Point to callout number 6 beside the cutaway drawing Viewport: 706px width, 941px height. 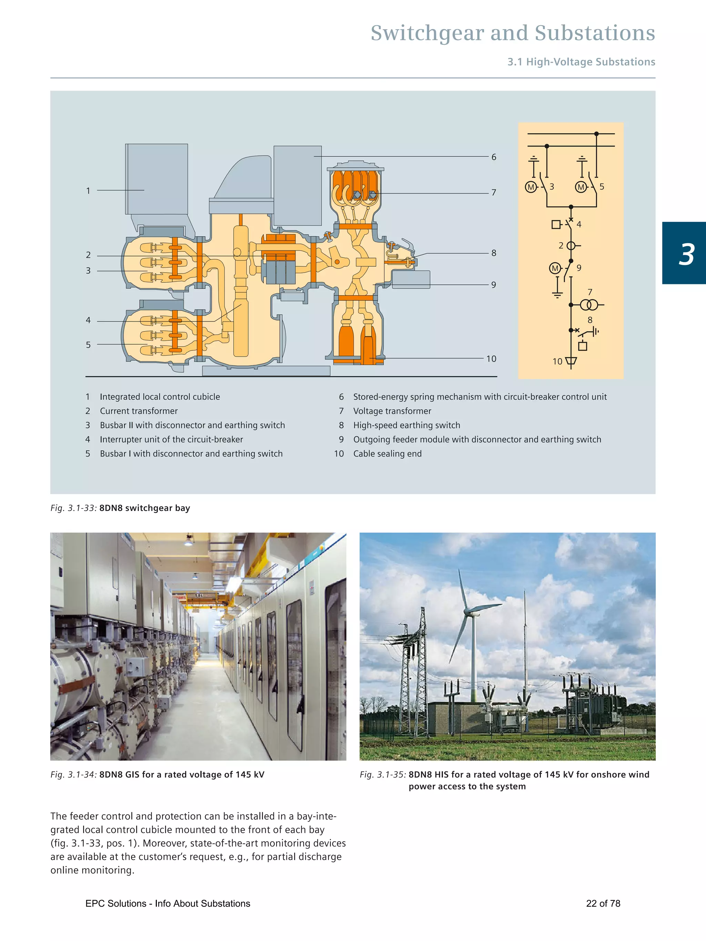494,157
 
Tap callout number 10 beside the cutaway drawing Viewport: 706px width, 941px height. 491,359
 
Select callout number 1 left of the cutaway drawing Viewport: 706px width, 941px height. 88,191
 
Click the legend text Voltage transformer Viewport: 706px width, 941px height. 392,411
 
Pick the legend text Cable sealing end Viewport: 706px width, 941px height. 387,453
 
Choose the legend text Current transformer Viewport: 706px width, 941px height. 139,411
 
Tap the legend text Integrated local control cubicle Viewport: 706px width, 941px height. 160,397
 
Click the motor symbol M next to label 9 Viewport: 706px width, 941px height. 555,268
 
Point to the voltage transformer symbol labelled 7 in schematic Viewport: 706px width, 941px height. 589,305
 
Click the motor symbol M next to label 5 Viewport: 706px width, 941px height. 581,187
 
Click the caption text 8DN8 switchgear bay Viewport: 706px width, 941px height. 145,508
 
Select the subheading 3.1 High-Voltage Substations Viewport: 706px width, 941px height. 581,62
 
